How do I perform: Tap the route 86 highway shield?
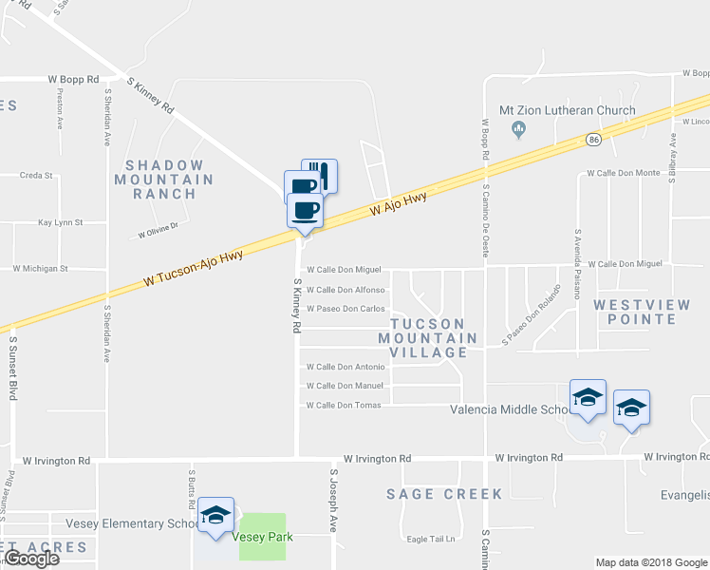[593, 139]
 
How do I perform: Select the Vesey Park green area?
[261, 537]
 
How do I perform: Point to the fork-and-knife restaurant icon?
[319, 176]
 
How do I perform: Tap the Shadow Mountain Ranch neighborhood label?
[171, 180]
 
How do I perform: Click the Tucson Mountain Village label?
[428, 338]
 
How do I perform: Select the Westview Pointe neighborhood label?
[648, 313]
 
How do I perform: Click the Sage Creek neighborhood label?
[432, 494]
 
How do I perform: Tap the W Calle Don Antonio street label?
[345, 367]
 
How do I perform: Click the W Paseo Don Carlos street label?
[345, 309]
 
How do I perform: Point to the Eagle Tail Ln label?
[432, 540]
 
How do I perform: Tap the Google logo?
[30, 559]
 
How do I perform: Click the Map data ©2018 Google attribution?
[650, 562]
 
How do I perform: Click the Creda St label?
[36, 176]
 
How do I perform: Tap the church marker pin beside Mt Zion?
[518, 128]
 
